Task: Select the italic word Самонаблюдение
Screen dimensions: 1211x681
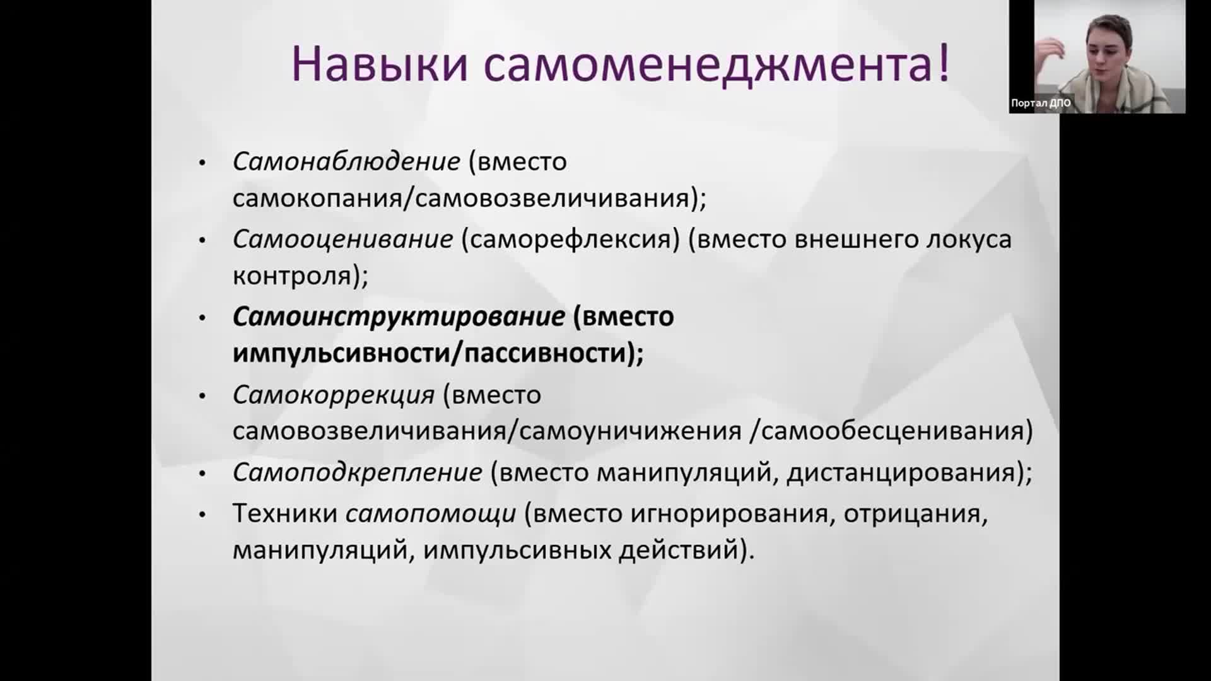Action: point(346,162)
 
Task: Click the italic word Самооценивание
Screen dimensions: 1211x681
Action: point(342,240)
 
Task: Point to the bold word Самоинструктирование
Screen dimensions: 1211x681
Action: point(399,317)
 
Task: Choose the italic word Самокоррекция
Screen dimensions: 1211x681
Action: point(334,395)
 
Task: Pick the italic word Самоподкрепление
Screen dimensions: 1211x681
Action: point(357,473)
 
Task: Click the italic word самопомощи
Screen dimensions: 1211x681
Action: point(431,514)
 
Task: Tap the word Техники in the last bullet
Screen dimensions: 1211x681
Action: point(285,513)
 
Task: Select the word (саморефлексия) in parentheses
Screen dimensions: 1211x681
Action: point(571,240)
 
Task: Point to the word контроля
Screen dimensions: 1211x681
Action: point(292,277)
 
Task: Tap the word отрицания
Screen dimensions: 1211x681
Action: point(912,515)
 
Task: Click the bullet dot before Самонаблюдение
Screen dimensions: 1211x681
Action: point(202,163)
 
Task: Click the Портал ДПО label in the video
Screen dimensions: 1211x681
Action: point(1041,103)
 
